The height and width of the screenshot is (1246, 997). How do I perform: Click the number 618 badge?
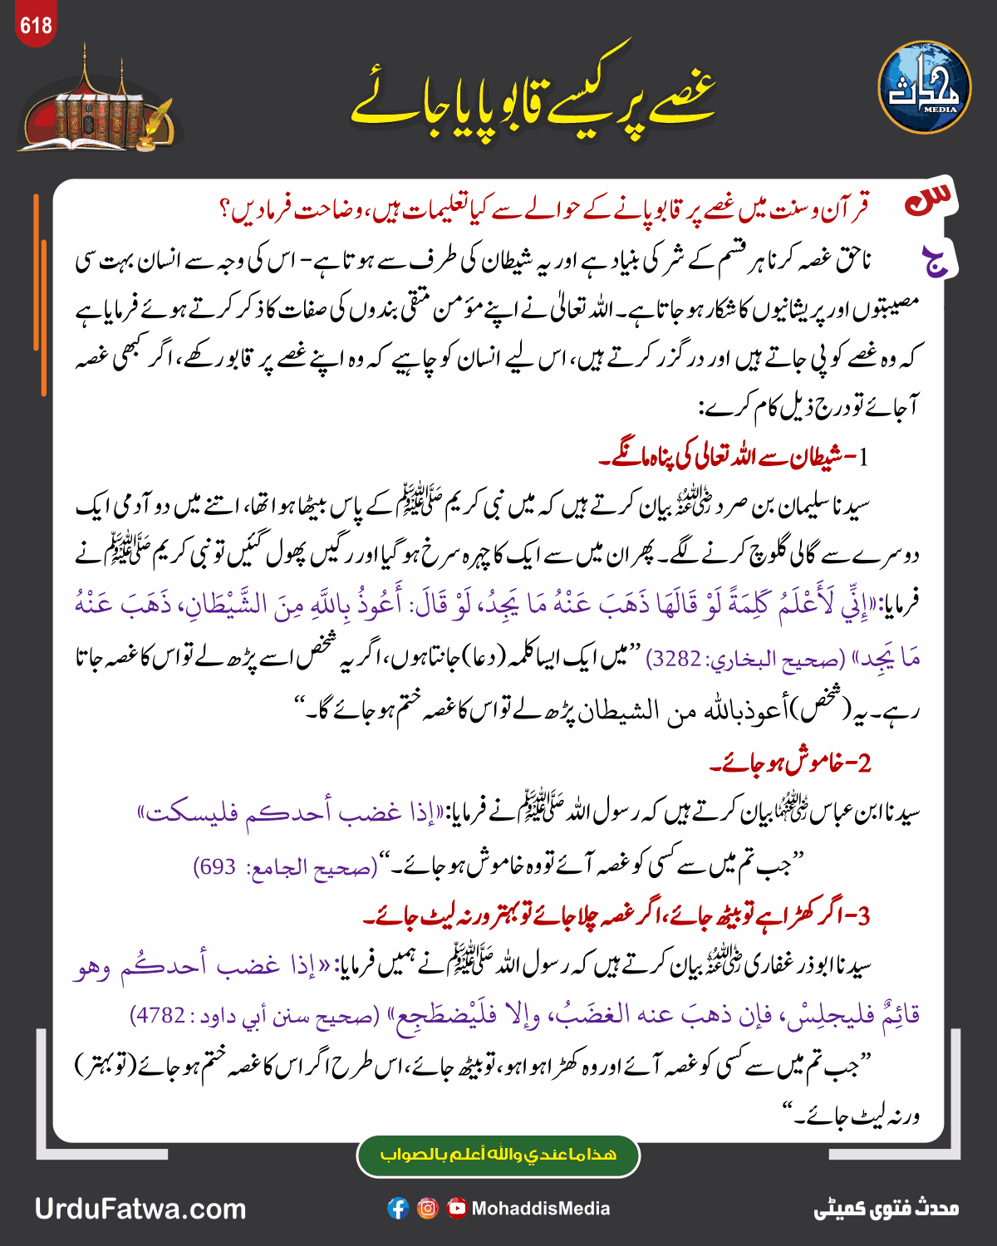[x=36, y=26]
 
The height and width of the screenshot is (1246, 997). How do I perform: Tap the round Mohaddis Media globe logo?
[x=924, y=87]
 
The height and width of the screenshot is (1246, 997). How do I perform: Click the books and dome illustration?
[x=100, y=108]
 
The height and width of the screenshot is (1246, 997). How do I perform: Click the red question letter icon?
[x=930, y=200]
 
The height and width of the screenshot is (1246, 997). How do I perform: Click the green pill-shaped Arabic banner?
[x=498, y=1155]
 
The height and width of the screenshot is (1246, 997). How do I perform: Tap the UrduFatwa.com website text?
[x=140, y=1209]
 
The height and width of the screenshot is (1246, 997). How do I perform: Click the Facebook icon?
[x=398, y=1209]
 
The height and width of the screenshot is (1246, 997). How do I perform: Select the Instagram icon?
[x=428, y=1209]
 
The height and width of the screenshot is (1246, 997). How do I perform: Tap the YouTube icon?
[x=457, y=1209]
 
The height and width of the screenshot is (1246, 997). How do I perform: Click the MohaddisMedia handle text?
[x=541, y=1209]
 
